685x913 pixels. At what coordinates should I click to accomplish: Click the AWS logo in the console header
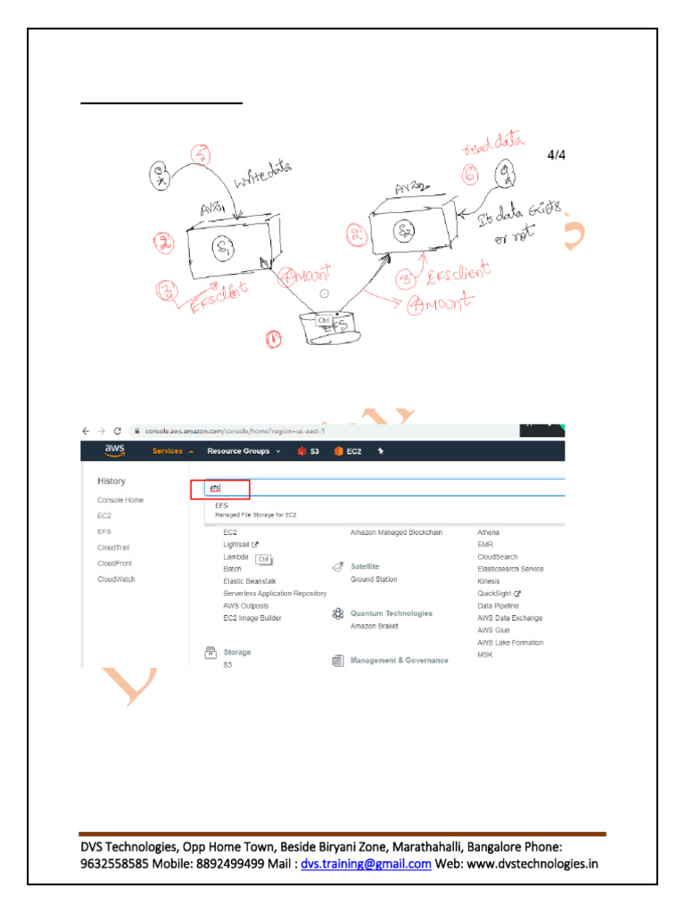click(114, 450)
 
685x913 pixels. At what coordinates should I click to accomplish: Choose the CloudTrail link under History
click(113, 547)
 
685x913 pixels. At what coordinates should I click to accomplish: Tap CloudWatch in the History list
click(116, 580)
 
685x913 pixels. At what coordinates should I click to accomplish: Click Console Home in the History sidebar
click(120, 500)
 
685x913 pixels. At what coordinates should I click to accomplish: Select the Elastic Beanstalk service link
click(250, 581)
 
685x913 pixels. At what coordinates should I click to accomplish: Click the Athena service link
click(488, 532)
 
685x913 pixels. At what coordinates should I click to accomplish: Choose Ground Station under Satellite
click(374, 580)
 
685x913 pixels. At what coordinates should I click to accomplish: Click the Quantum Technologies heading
click(391, 613)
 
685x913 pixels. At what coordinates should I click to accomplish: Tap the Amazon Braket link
click(374, 627)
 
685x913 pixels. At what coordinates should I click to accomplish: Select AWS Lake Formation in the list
click(510, 642)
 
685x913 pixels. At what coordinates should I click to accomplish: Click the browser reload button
click(117, 430)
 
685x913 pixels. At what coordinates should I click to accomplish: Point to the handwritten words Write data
click(263, 175)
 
